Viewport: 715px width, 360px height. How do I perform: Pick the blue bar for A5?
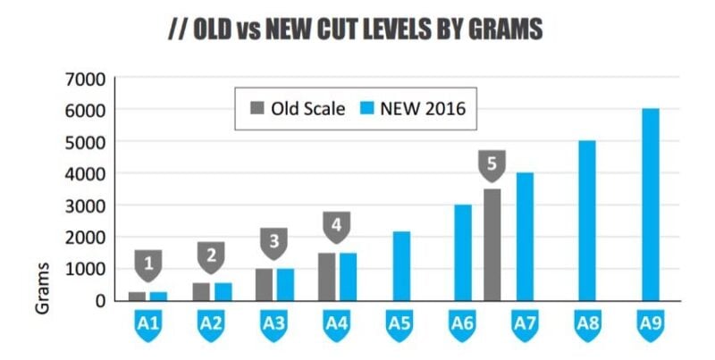[x=401, y=265]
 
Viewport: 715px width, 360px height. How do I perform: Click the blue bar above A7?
[x=525, y=236]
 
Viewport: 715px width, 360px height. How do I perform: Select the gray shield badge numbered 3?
[x=274, y=241]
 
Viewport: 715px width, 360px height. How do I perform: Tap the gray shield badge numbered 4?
[x=336, y=226]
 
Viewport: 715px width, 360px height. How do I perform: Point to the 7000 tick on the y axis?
[x=87, y=79]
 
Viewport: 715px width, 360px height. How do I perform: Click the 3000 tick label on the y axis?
[x=87, y=205]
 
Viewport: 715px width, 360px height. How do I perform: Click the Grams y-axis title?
[x=42, y=287]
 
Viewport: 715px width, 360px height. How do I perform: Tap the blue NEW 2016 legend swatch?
[x=364, y=110]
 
